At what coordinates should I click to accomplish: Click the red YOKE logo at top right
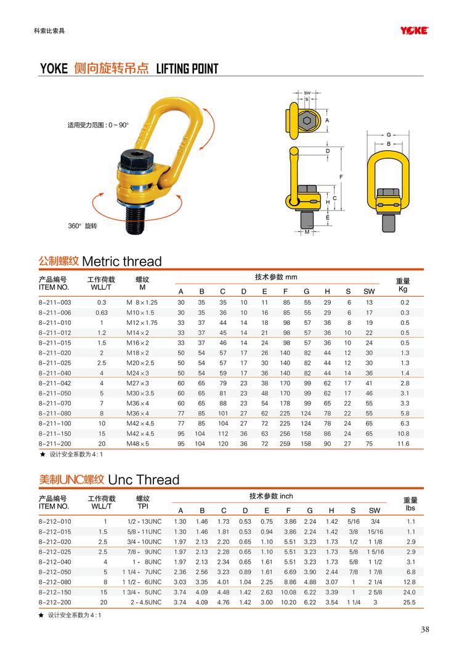click(x=414, y=30)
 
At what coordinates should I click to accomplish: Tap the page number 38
click(x=425, y=629)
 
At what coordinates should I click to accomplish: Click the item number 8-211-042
click(x=55, y=383)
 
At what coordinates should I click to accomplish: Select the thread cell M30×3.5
click(x=141, y=393)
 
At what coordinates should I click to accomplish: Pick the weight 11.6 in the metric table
click(x=404, y=443)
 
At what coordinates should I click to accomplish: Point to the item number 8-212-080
click(x=55, y=581)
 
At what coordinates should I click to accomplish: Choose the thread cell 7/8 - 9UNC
click(x=145, y=551)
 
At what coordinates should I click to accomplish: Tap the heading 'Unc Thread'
click(x=143, y=479)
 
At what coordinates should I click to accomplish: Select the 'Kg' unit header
click(x=403, y=288)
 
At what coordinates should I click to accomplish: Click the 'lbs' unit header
click(x=410, y=508)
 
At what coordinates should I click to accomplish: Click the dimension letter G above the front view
click(x=389, y=134)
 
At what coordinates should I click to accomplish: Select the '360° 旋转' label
click(x=83, y=226)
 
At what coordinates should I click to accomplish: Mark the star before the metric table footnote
click(x=42, y=454)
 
